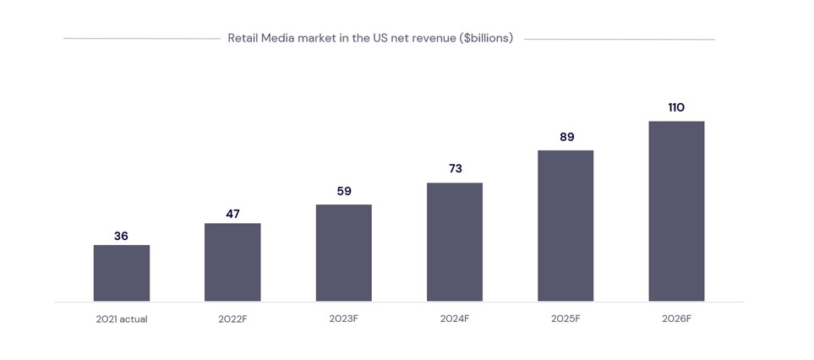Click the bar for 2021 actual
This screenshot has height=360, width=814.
pyautogui.click(x=122, y=273)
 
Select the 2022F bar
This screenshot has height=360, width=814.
pyautogui.click(x=232, y=262)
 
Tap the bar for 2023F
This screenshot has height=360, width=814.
pyautogui.click(x=344, y=253)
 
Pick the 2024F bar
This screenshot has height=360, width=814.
pyautogui.click(x=455, y=242)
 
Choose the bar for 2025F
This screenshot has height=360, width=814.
pyautogui.click(x=565, y=226)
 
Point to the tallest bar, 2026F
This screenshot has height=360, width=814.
pyautogui.click(x=676, y=211)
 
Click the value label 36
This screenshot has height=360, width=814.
pyautogui.click(x=121, y=236)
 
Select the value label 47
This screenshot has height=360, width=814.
pyautogui.click(x=232, y=214)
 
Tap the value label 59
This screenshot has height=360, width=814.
pyautogui.click(x=344, y=191)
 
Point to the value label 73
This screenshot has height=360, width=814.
pyautogui.click(x=455, y=168)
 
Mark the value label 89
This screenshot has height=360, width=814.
pyautogui.click(x=566, y=137)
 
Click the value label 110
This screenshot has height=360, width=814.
pyautogui.click(x=676, y=107)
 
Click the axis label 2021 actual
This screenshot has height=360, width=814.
pyautogui.click(x=122, y=319)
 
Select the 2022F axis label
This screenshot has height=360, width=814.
pyautogui.click(x=232, y=319)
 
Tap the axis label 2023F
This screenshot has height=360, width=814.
pyautogui.click(x=344, y=319)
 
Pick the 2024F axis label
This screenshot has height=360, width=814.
pyautogui.click(x=455, y=319)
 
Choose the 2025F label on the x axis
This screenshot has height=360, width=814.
pyautogui.click(x=565, y=319)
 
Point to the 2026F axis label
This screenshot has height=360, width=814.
pyautogui.click(x=676, y=319)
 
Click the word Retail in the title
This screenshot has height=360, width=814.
pyautogui.click(x=243, y=38)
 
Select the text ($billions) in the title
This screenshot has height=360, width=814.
pyautogui.click(x=486, y=38)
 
